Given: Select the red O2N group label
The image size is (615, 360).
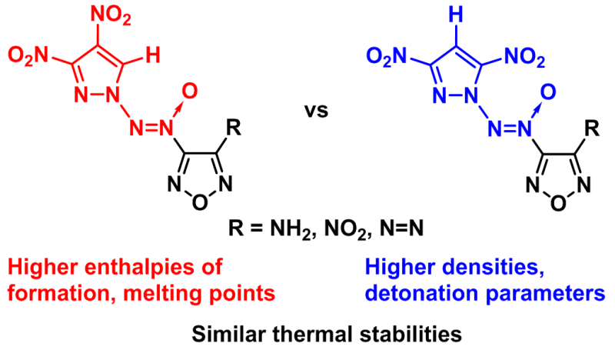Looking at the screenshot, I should tap(28, 55).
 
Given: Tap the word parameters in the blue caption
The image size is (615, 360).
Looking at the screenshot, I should tap(539, 295).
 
